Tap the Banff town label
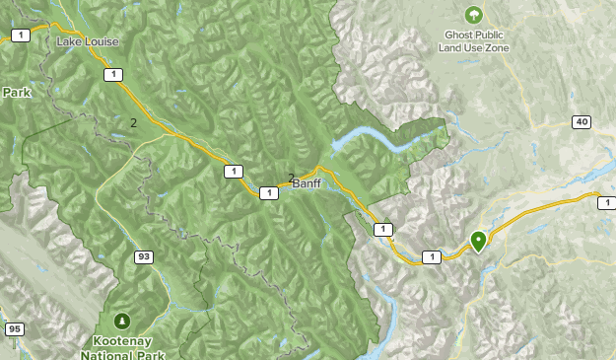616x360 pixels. [307, 183]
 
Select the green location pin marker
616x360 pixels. [478, 240]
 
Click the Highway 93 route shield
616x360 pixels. [144, 257]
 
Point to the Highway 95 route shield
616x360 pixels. [14, 329]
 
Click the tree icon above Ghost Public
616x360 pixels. [473, 15]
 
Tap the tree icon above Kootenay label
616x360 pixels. [122, 321]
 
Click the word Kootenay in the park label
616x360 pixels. [125, 339]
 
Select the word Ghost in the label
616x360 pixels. [458, 35]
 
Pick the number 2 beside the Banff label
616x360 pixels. [291, 179]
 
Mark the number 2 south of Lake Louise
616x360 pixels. [133, 123]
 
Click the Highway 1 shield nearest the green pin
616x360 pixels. [431, 257]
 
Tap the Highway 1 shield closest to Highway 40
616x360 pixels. [605, 201]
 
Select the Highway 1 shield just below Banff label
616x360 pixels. [268, 193]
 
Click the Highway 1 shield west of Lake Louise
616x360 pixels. [19, 36]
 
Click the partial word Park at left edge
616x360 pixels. [16, 92]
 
